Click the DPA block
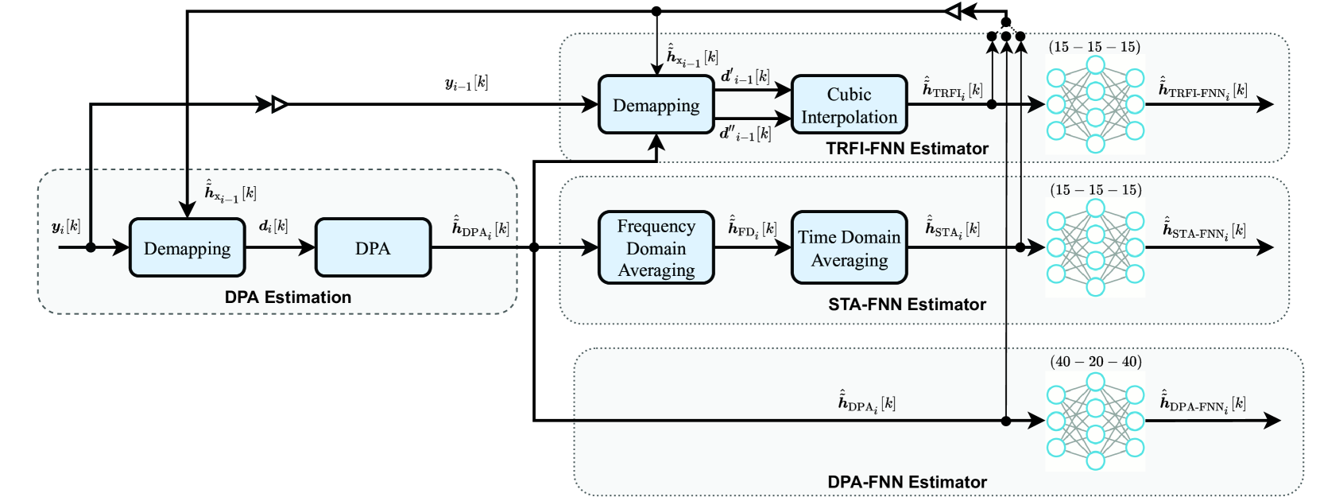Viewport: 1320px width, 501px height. coord(373,248)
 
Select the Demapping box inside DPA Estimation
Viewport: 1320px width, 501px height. coord(187,248)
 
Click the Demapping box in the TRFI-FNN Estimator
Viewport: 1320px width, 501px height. coord(656,105)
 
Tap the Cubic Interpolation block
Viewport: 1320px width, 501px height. coord(849,105)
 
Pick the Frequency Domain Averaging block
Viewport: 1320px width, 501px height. coord(656,248)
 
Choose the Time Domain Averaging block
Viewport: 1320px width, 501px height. coord(849,248)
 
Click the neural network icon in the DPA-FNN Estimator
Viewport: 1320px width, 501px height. coord(1095,421)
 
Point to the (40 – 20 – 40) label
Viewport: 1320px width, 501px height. coord(1095,362)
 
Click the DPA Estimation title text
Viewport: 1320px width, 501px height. coord(288,297)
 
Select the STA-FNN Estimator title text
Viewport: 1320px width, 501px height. coord(907,305)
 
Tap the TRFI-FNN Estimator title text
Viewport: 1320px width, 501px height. coord(907,149)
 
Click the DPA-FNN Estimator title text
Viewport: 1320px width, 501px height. coord(907,482)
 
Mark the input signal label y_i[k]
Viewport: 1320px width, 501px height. coord(66,227)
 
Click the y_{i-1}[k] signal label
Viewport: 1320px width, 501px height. coord(466,83)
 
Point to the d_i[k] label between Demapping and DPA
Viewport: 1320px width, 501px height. coord(273,226)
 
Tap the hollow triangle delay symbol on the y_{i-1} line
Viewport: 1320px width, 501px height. coord(279,104)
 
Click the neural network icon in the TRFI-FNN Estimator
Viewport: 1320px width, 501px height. coord(1095,104)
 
